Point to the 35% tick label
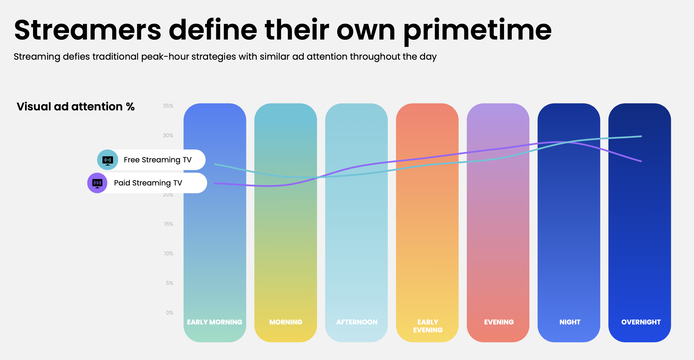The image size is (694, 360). click(x=168, y=106)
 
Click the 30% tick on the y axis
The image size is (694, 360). click(x=168, y=135)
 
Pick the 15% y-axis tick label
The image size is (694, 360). click(x=169, y=224)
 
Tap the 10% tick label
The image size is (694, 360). click(x=169, y=254)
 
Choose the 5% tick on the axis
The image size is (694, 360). click(x=170, y=283)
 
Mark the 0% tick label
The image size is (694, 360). click(x=170, y=313)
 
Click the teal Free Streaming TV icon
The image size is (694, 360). click(x=107, y=160)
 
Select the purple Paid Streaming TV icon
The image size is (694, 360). click(x=97, y=183)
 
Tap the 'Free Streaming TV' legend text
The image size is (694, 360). click(x=158, y=160)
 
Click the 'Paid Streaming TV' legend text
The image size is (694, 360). click(x=148, y=183)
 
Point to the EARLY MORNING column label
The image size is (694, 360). click(x=215, y=322)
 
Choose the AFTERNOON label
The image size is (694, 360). click(x=357, y=322)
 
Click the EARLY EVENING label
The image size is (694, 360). click(x=428, y=326)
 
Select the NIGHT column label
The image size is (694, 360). click(x=570, y=322)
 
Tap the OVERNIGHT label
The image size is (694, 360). click(x=641, y=322)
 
